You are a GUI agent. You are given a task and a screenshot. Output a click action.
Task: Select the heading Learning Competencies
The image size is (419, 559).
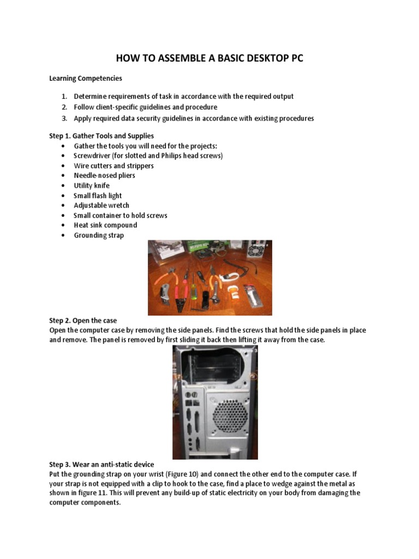[86, 78]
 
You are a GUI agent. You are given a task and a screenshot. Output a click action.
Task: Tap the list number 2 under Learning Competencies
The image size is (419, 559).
[64, 107]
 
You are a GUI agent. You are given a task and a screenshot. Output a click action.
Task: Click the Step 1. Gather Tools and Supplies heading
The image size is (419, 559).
[101, 135]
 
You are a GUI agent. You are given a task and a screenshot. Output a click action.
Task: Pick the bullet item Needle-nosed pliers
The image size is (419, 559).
[104, 175]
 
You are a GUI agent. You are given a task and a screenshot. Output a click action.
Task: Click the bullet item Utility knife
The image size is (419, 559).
[92, 186]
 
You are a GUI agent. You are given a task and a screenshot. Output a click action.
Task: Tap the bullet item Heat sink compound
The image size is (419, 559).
[105, 225]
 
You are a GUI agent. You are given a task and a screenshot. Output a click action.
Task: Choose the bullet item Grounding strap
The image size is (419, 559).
[99, 235]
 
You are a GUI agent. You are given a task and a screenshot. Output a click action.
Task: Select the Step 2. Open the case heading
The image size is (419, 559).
[83, 320]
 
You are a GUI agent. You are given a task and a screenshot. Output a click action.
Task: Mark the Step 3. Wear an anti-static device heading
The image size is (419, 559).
[101, 464]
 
